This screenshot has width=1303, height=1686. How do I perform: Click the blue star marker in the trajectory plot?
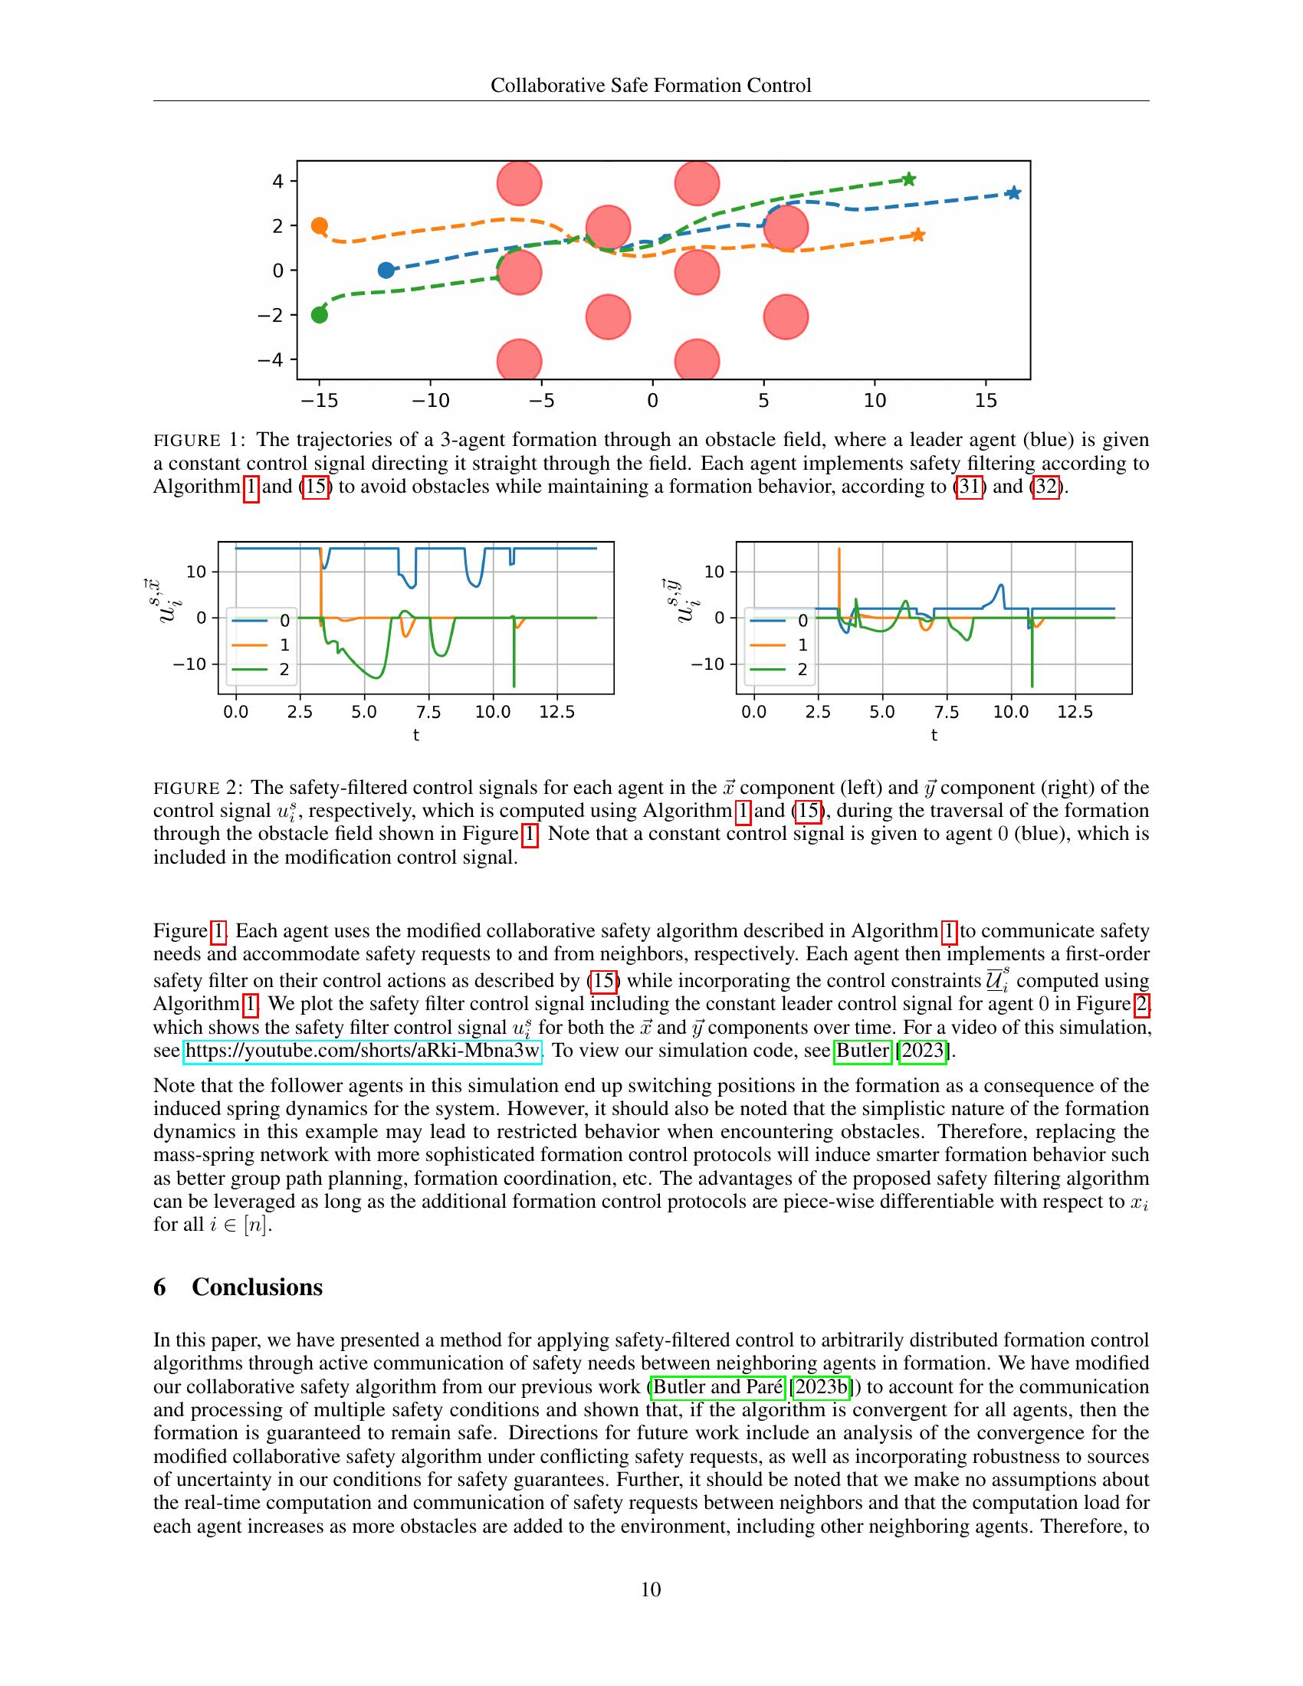tap(1013, 193)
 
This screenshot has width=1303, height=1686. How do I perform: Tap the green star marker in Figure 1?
tap(908, 179)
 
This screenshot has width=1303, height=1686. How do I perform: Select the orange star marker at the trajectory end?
tap(917, 235)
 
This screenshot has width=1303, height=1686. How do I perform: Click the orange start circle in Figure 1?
tap(320, 226)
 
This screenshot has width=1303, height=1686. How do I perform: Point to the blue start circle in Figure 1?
tap(386, 271)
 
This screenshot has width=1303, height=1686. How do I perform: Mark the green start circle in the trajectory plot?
tap(320, 315)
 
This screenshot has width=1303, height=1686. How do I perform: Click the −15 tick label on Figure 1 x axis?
tap(319, 401)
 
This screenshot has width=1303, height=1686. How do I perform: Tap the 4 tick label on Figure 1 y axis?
tap(278, 182)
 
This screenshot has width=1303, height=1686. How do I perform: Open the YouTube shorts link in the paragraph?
tap(363, 1051)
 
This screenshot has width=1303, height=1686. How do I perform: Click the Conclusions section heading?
tap(256, 1287)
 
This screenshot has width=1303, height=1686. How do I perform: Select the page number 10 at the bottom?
tap(651, 1589)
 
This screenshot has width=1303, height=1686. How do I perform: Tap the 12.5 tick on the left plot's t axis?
tap(556, 712)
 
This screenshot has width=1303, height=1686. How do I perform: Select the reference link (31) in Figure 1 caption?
tap(970, 487)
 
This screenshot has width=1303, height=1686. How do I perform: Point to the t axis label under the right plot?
tap(934, 736)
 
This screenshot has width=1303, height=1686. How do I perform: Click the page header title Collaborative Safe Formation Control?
tap(651, 85)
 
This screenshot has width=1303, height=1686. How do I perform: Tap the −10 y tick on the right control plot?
tap(708, 664)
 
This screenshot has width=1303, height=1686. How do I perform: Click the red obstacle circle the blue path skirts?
tap(786, 228)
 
